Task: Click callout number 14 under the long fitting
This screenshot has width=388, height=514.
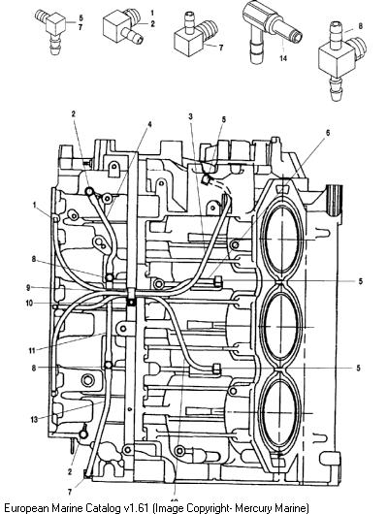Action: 283,58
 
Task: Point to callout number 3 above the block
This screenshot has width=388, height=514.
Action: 190,116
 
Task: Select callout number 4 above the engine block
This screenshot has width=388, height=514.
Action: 149,124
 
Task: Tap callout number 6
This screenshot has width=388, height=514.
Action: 328,133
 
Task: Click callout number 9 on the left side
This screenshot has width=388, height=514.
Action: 28,287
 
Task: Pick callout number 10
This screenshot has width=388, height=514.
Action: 29,304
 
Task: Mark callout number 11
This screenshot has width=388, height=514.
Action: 32,350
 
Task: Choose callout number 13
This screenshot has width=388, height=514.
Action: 34,419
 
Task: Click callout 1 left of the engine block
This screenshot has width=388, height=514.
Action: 35,205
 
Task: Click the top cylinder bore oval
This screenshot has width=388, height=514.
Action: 281,240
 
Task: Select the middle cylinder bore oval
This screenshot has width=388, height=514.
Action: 281,327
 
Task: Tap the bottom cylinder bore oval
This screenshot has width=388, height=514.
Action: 280,414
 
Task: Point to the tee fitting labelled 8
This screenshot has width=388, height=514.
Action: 340,60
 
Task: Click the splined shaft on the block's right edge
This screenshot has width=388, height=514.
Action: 335,201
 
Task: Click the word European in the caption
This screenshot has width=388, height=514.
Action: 26,508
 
